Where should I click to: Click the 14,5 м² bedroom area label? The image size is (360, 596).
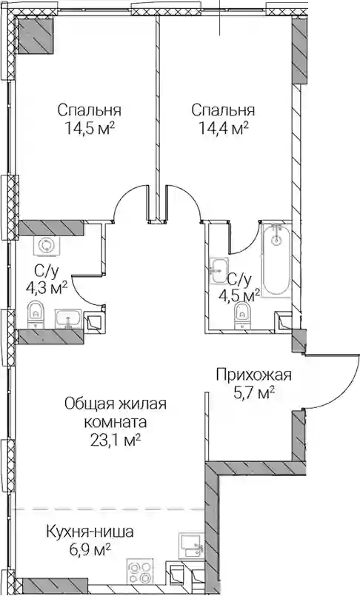coord(90,129)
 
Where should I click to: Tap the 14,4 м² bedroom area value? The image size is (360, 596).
coord(224,129)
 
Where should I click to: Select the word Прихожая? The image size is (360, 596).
coord(254,375)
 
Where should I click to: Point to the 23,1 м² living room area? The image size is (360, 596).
coord(116,441)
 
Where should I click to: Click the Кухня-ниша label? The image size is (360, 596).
coord(90,532)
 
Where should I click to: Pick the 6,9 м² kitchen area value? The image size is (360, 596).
coord(90,550)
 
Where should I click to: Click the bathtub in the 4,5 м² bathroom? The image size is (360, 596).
coord(277,259)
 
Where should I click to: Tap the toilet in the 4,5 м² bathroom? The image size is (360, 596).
coord(242,315)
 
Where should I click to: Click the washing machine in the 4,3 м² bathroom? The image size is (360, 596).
coord(46,246)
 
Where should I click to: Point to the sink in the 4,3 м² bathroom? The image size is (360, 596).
coord(68,318)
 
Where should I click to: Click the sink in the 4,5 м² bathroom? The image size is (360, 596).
coord(219,271)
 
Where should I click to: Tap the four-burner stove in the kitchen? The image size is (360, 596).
coord(140,571)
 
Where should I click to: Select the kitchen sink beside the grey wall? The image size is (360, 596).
coord(191,546)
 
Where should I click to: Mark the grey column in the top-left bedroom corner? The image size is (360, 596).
coord(35,36)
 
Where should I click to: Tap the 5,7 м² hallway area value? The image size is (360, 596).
coord(254,393)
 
